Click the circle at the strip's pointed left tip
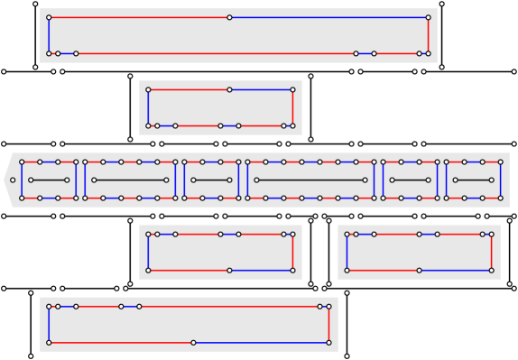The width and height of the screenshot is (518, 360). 13,180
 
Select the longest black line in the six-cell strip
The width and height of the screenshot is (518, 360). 310,180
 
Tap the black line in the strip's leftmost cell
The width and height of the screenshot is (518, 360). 49,180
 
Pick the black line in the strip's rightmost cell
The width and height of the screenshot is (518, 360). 473,180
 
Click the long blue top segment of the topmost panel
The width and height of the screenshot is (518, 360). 328,17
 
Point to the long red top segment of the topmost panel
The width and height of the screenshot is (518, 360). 139,17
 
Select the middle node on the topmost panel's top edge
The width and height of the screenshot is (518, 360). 229,17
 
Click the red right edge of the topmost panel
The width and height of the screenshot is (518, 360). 428,35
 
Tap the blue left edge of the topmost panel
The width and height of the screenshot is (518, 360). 49,35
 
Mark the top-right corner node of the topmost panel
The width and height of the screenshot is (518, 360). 428,17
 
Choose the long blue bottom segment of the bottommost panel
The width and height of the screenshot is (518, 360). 261,342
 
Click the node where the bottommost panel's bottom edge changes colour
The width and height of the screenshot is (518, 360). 193,342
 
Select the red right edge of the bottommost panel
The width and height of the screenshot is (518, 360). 328,324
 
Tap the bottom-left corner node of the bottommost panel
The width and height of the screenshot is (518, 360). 49,342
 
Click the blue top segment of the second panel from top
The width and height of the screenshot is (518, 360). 261,89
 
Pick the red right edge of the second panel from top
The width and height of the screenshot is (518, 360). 292,107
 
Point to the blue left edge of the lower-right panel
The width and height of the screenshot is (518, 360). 347,252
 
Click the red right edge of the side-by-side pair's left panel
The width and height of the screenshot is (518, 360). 292,252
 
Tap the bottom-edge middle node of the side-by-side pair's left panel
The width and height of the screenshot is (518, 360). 229,270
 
